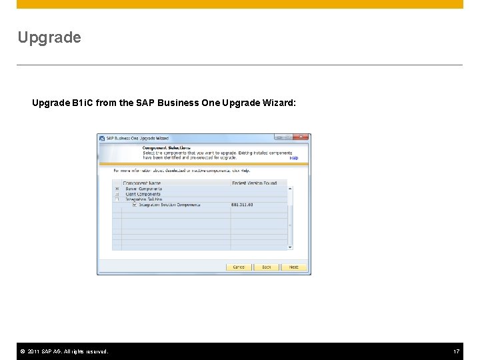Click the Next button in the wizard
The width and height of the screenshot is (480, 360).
pos(294,267)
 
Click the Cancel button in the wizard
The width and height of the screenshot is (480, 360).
pos(239,267)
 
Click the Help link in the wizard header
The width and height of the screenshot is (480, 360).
pos(294,159)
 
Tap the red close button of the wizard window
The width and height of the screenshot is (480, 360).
pos(303,137)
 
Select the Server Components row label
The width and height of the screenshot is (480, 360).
pos(143,189)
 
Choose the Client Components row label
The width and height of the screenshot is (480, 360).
pos(143,194)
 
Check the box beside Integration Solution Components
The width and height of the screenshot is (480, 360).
pos(135,205)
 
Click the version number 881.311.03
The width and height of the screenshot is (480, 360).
pos(242,205)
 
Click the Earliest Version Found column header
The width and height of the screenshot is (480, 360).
pos(254,183)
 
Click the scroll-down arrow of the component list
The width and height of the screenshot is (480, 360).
pos(290,247)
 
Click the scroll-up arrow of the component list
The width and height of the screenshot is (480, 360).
pos(290,189)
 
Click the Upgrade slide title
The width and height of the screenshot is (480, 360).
pos(49,37)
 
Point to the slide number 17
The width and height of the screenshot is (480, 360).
pos(457,351)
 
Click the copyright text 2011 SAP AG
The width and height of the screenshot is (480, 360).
pos(67,351)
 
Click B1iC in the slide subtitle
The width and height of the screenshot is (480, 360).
pos(83,103)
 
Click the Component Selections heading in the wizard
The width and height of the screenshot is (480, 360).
pos(167,147)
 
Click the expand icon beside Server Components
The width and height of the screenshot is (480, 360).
pos(117,189)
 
